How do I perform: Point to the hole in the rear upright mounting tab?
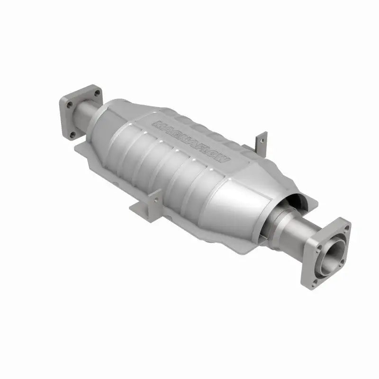tap(259, 138)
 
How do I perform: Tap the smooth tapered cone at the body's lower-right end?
tap(237, 208)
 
